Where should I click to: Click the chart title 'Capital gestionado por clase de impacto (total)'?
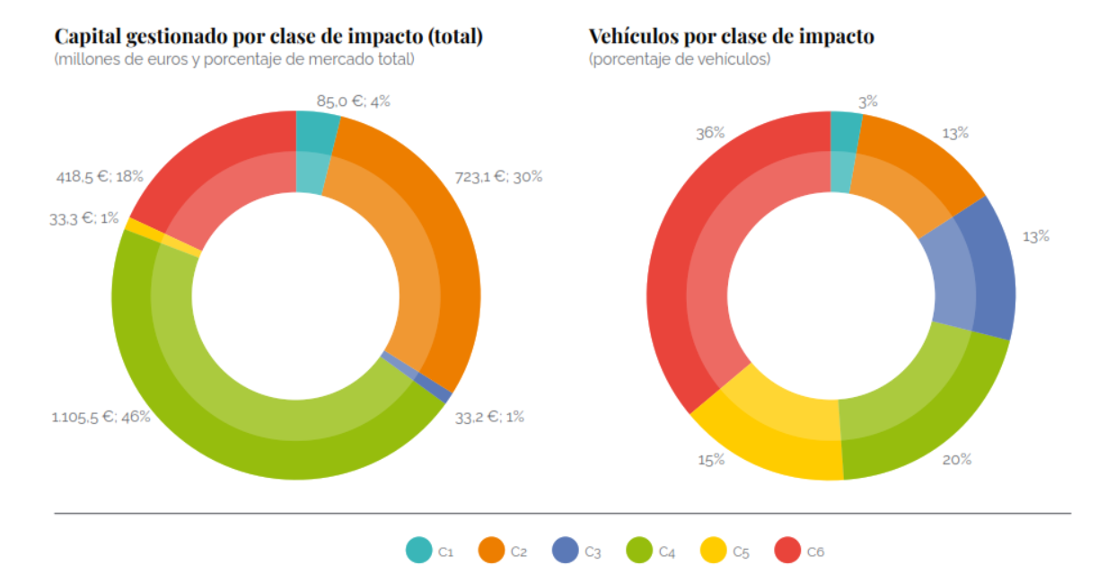tap(268, 37)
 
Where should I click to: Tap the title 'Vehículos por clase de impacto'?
tap(731, 37)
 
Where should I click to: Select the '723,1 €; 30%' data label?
tap(498, 177)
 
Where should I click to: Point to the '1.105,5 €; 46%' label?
tap(101, 416)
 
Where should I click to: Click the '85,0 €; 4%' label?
tap(353, 102)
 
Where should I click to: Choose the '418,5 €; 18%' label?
tap(100, 177)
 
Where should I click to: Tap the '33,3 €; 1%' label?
tap(84, 217)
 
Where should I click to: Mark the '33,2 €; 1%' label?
tap(489, 416)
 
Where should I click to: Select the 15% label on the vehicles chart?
tap(711, 459)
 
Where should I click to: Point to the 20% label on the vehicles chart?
tap(957, 459)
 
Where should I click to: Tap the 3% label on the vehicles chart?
tap(867, 102)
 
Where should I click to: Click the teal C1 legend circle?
tap(418, 550)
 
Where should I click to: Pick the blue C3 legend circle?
tap(566, 550)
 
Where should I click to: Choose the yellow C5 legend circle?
tap(713, 550)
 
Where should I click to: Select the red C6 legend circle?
tap(786, 550)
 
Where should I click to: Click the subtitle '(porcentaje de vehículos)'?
tap(680, 60)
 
